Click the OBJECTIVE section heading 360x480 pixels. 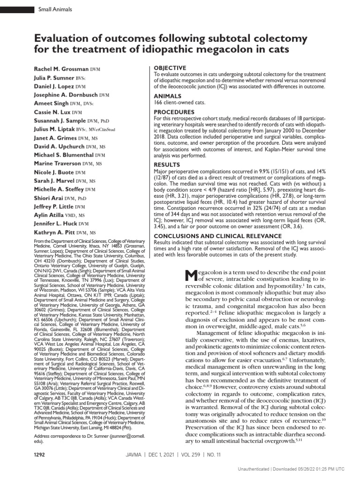click(x=170, y=68)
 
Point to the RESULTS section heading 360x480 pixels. click(x=167, y=165)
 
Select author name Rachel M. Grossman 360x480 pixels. click(x=61, y=68)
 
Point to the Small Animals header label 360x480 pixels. click(x=52, y=9)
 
